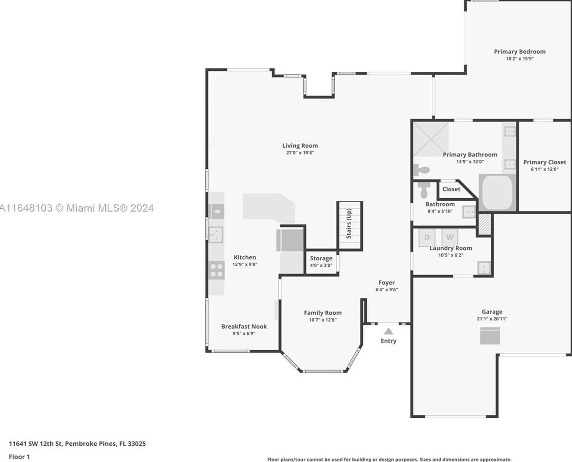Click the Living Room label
[300, 146]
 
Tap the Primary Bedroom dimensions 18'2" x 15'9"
[520, 59]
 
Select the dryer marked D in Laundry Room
[427, 237]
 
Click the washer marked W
[450, 237]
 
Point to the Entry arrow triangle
[388, 332]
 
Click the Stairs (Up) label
[349, 223]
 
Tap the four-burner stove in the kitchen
[217, 270]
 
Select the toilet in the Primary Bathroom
[421, 170]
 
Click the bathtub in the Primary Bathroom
[498, 192]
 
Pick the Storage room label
[321, 258]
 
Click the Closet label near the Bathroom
[451, 189]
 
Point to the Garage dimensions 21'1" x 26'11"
[492, 319]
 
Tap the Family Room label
[323, 312]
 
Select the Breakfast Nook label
[244, 326]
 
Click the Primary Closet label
[544, 162]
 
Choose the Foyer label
[387, 282]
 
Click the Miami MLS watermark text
[77, 208]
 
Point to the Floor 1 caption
[19, 457]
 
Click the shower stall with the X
[431, 139]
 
